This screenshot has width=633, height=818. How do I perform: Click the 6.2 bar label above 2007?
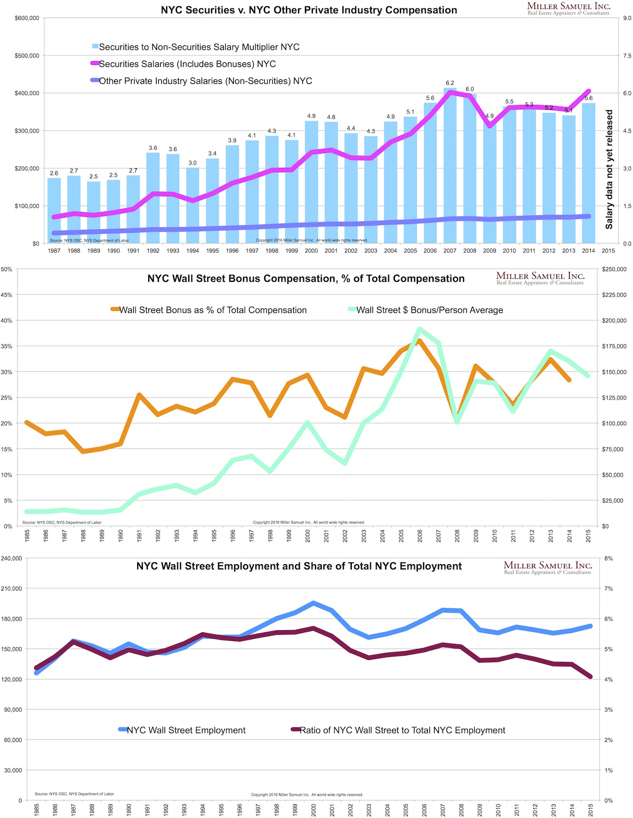point(450,83)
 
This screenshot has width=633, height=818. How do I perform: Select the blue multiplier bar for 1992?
point(153,198)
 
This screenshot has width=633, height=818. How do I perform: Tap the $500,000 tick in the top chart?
point(27,56)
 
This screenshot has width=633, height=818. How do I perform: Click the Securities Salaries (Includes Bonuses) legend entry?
point(187,64)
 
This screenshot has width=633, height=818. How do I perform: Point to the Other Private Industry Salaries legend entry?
point(205,81)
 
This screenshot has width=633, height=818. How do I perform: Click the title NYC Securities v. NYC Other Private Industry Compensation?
point(309,10)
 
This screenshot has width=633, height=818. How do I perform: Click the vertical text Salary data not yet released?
point(609,169)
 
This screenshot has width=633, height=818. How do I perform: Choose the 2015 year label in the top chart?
point(608,251)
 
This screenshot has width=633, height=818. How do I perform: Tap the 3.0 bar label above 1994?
point(193,163)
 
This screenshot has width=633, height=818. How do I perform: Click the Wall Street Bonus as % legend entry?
point(213,310)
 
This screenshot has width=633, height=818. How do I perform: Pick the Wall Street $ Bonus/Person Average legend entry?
point(429,310)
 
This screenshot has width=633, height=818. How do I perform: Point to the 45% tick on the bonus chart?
point(7,295)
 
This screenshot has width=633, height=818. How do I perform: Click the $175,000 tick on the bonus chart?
point(613,347)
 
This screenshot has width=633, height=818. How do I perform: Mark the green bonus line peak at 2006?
point(420,329)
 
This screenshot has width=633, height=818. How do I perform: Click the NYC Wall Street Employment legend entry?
point(186,730)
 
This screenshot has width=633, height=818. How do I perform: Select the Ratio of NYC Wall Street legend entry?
point(402,730)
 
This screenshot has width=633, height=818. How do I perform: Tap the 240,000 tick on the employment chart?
point(13,558)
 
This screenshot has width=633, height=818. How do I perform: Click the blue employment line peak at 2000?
point(313,603)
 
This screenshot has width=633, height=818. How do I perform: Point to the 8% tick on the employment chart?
point(608,558)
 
